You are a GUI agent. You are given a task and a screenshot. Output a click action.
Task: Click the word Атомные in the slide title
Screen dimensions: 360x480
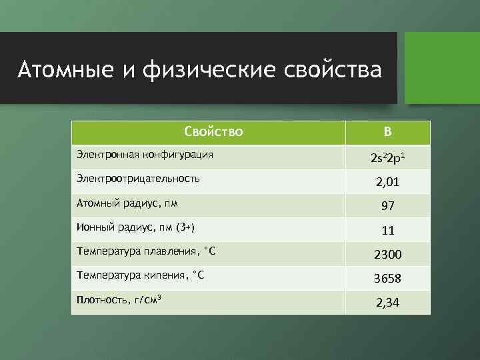click(x=56, y=69)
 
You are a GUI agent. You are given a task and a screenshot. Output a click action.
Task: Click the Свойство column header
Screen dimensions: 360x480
click(x=213, y=132)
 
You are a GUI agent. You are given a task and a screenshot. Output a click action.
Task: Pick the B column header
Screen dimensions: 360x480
click(x=387, y=132)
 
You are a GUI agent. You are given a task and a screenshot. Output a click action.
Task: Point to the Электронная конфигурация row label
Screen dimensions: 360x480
click(x=145, y=155)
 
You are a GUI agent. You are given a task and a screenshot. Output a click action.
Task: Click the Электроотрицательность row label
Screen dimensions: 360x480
click(x=138, y=179)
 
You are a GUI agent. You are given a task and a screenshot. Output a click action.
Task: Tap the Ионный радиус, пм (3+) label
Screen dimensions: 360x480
click(x=135, y=227)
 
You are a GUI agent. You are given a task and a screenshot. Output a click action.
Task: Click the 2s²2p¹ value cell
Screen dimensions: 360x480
click(x=387, y=158)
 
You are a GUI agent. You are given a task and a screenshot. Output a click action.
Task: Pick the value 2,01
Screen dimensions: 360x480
click(x=387, y=182)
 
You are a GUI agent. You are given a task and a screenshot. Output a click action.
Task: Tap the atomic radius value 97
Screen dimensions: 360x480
click(x=387, y=206)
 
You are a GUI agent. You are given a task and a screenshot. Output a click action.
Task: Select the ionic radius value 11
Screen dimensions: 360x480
click(x=387, y=231)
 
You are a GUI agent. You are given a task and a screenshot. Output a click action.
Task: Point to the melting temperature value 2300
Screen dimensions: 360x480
click(x=387, y=255)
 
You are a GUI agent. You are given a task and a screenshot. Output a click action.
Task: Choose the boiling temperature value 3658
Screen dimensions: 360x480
click(x=387, y=279)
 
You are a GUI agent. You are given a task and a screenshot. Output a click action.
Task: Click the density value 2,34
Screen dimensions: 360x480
click(x=387, y=303)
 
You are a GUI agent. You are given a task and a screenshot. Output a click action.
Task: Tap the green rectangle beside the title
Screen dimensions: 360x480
click(x=443, y=67)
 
